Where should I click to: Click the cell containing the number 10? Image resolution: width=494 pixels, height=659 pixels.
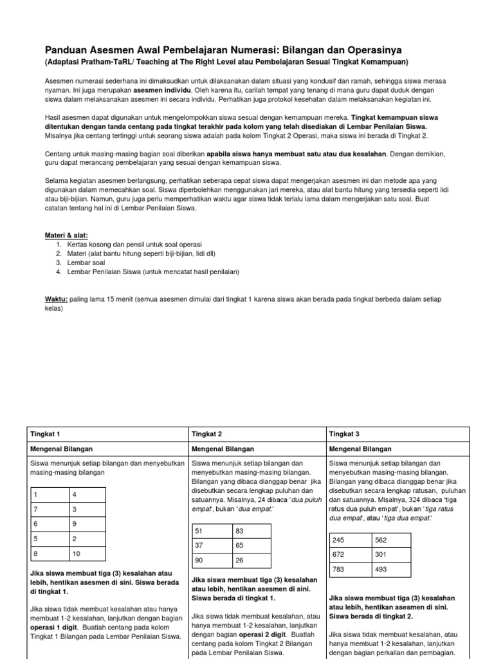(x=87, y=553)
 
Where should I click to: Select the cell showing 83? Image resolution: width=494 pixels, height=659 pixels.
(x=252, y=531)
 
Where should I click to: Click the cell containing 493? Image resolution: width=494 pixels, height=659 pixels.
(x=390, y=570)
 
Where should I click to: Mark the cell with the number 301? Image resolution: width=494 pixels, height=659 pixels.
(x=390, y=555)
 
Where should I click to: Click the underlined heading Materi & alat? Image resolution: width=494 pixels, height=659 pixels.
(x=67, y=236)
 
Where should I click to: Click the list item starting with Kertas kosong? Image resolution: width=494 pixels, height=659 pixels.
(x=128, y=245)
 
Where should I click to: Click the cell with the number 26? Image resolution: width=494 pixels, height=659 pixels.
(x=252, y=561)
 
